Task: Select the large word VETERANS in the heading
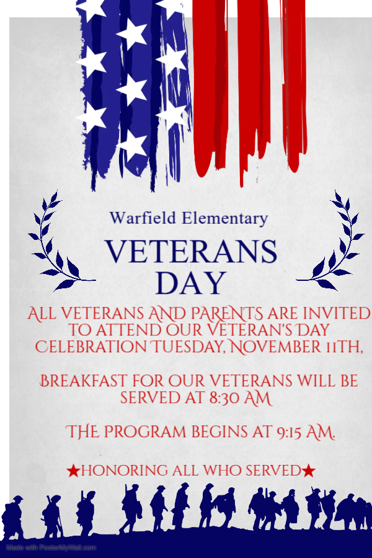pyautogui.click(x=191, y=252)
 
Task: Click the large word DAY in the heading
pyautogui.click(x=190, y=283)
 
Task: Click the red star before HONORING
pyautogui.click(x=73, y=472)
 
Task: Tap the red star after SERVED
pyautogui.click(x=309, y=472)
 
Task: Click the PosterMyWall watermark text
pyautogui.click(x=51, y=548)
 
